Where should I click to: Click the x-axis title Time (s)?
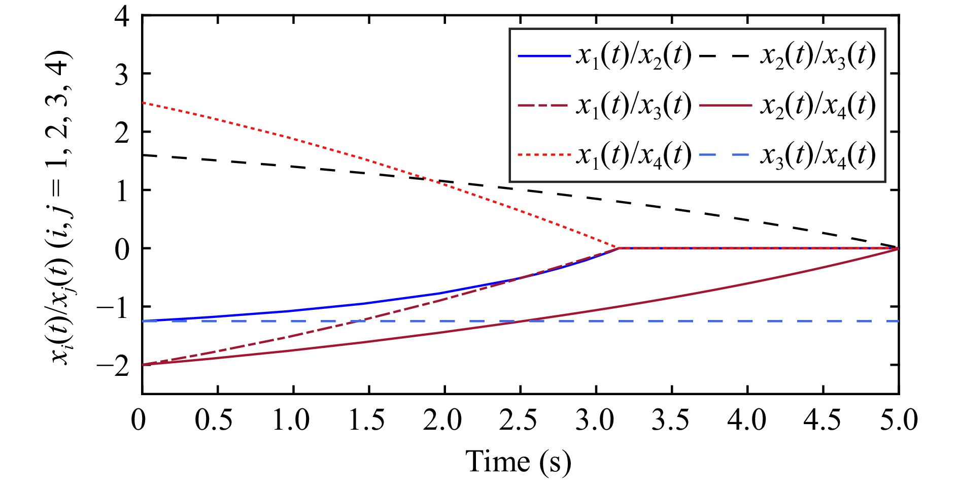pyautogui.click(x=518, y=461)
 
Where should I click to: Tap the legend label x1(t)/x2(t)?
pyautogui.click(x=633, y=55)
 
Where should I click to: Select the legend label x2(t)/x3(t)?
pyautogui.click(x=817, y=55)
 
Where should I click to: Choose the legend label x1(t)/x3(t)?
pyautogui.click(x=633, y=106)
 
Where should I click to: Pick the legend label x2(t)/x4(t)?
pyautogui.click(x=817, y=106)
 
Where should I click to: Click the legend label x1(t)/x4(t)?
pyautogui.click(x=633, y=154)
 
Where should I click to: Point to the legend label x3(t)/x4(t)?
pyautogui.click(x=817, y=154)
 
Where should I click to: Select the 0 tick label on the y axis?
pyautogui.click(x=122, y=249)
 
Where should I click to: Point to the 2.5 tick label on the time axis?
pyautogui.click(x=518, y=421)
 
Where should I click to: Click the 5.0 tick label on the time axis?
pyautogui.click(x=898, y=421)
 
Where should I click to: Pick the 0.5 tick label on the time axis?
pyautogui.click(x=215, y=421)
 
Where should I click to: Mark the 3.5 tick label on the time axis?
pyautogui.click(x=670, y=421)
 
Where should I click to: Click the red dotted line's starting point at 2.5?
pyautogui.click(x=143, y=103)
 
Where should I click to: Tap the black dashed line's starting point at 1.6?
pyautogui.click(x=143, y=155)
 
